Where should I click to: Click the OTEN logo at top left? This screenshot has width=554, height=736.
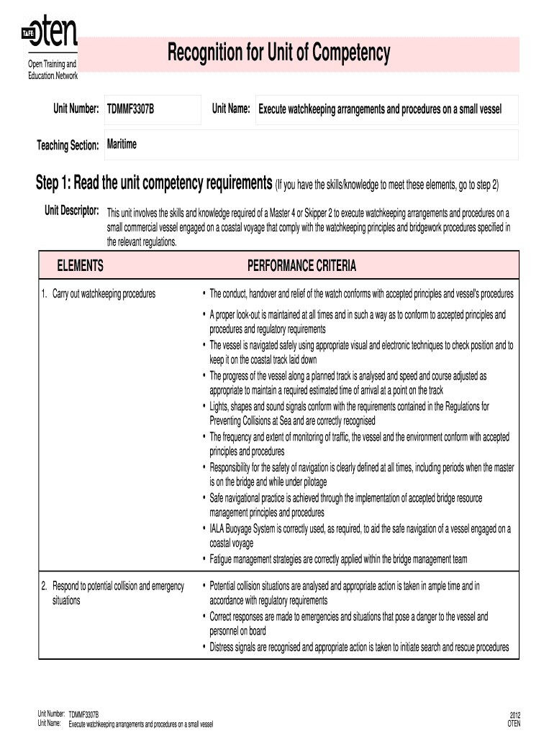[49, 32]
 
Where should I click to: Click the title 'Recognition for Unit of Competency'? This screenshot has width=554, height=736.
[279, 52]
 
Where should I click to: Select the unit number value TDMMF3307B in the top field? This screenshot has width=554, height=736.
[130, 109]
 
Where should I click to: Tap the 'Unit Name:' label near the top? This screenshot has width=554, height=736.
[230, 109]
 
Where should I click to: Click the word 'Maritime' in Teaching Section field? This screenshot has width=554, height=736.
[122, 145]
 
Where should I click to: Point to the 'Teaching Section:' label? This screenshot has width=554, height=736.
[68, 146]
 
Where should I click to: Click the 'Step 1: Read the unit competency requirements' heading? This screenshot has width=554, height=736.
[154, 184]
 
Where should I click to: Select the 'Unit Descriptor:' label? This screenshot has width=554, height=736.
[71, 211]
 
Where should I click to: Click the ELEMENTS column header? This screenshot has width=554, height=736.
[80, 266]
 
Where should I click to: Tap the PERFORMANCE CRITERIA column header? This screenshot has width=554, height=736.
[301, 266]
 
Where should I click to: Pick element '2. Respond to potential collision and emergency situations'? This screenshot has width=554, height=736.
[113, 593]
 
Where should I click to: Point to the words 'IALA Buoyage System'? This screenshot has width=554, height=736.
[245, 528]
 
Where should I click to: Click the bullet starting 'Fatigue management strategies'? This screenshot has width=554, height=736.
[337, 558]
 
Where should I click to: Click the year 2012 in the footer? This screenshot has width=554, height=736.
[514, 715]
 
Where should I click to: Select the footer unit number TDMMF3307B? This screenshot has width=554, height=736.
[83, 715]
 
